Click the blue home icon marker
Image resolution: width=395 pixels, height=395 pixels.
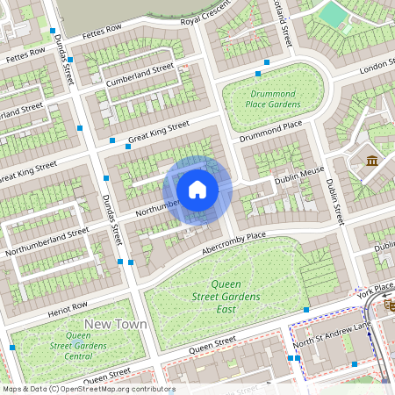coord(197,190)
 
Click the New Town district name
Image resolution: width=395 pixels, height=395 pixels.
coord(115,324)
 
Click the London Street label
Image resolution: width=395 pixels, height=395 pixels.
coord(372,68)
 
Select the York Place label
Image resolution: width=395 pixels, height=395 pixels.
coord(377,289)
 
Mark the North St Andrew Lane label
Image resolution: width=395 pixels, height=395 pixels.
coord(332,334)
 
